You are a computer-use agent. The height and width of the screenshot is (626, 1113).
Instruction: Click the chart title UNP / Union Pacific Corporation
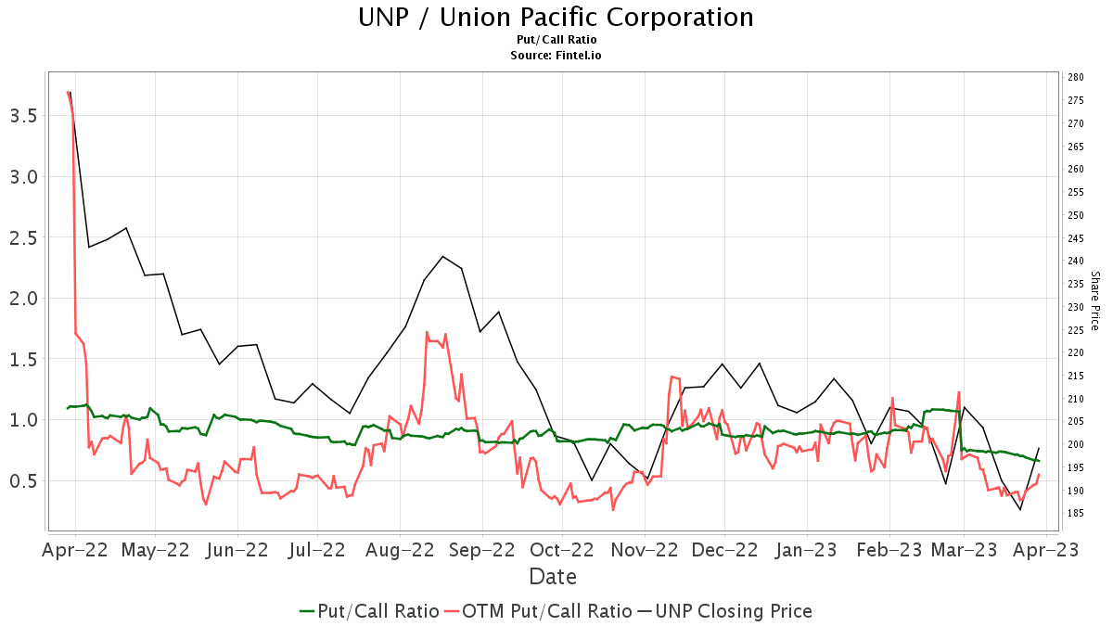coord(556,18)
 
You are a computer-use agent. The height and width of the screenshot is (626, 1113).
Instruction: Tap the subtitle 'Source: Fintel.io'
coord(556,56)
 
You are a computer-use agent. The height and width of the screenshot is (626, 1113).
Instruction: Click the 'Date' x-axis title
coord(553,577)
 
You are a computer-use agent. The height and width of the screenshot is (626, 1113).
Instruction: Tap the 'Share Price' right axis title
coord(1094,300)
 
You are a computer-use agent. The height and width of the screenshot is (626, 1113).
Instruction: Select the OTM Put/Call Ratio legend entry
coord(538,611)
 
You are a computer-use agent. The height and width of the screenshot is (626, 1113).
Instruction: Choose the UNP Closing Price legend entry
coord(723,611)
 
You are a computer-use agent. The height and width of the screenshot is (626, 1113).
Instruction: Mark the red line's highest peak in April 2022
coord(68,92)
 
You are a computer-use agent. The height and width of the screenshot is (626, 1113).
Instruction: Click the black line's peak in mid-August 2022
coord(443,256)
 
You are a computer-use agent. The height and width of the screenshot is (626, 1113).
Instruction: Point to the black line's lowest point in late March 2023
coord(1020,510)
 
